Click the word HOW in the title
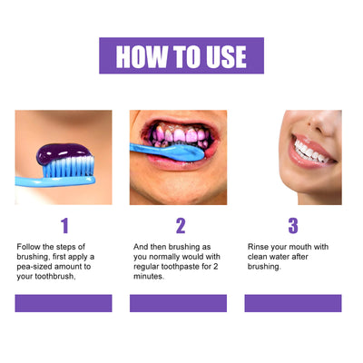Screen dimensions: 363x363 click(x=142, y=56)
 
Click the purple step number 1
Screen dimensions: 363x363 click(x=64, y=226)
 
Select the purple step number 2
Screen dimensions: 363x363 click(x=181, y=226)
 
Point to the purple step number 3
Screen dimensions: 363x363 click(x=293, y=226)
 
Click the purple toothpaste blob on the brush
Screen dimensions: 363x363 click(x=64, y=153)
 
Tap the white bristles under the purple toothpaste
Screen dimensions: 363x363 click(x=68, y=167)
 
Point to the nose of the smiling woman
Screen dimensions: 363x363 click(x=323, y=121)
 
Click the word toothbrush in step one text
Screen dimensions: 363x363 click(x=54, y=277)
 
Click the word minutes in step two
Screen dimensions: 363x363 click(x=148, y=276)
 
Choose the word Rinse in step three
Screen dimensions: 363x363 click(x=258, y=247)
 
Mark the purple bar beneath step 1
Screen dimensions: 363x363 click(x=64, y=303)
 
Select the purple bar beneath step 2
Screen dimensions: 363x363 click(x=178, y=303)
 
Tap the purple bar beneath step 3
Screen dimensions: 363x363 click(x=293, y=303)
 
